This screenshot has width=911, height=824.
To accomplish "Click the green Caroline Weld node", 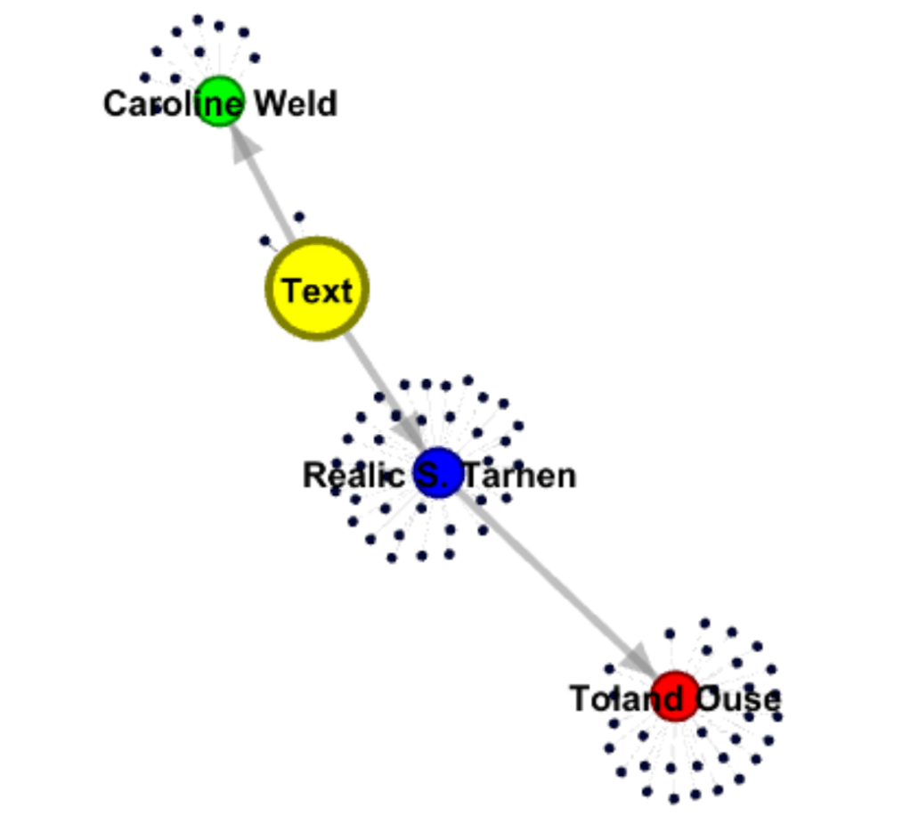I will click(x=219, y=101).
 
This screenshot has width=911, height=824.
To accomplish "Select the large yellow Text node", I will click(x=317, y=289).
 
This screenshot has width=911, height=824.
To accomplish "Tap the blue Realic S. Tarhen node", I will click(x=439, y=473).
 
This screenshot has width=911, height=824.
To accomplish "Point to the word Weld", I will click(x=296, y=104).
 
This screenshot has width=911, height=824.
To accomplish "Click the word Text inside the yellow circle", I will click(x=317, y=290).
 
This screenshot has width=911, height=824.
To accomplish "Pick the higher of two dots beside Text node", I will click(x=299, y=216).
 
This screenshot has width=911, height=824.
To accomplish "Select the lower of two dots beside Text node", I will click(x=264, y=241).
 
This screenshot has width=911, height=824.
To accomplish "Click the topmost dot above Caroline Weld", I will click(x=198, y=19).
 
